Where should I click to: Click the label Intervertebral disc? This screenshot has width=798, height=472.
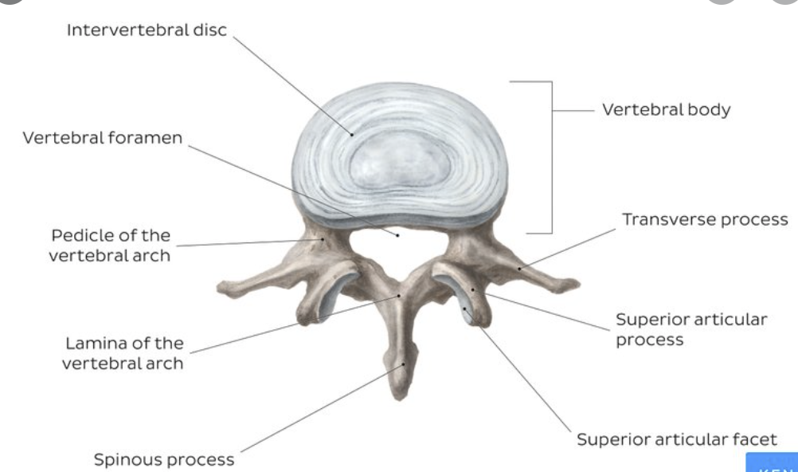click(147, 30)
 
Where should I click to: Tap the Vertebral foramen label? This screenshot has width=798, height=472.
click(103, 138)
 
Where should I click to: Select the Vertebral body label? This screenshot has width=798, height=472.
click(666, 110)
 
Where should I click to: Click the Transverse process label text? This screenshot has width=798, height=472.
click(705, 219)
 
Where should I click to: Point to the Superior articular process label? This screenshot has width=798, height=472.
click(690, 329)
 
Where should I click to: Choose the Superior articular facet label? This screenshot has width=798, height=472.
click(676, 439)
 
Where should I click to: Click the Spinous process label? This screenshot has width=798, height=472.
click(164, 459)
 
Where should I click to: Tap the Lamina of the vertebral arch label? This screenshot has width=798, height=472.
click(123, 353)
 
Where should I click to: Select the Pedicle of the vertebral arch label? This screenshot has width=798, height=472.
click(110, 245)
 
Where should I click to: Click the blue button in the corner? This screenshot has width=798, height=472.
click(772, 463)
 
